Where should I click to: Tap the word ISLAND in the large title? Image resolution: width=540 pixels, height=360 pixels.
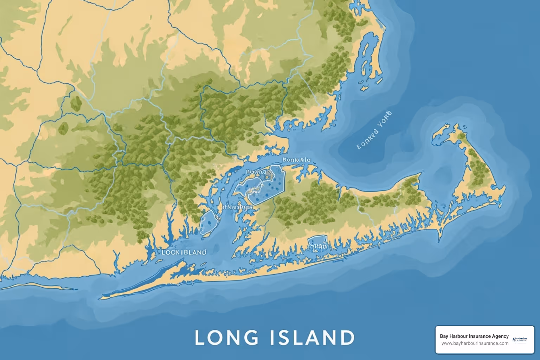[313, 337]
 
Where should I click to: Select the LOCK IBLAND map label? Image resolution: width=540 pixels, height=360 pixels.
[184, 252]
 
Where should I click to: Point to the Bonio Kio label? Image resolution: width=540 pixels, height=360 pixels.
[296, 160]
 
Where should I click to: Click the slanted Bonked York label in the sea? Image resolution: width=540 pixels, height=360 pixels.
[374, 130]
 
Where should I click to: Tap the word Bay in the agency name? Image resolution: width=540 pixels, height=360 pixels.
[444, 336]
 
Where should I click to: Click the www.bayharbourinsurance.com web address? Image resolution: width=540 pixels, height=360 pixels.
[475, 343]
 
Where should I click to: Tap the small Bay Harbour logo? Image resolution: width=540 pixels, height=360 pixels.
[520, 340]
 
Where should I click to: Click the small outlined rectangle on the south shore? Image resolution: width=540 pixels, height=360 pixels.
[317, 243]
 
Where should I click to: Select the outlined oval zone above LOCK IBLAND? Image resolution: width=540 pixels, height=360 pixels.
[207, 222]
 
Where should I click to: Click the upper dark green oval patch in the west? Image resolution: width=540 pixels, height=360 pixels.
[76, 102]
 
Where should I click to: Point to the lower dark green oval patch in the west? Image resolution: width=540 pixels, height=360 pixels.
[63, 129]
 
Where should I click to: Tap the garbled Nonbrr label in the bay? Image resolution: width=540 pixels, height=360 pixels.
[236, 207]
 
